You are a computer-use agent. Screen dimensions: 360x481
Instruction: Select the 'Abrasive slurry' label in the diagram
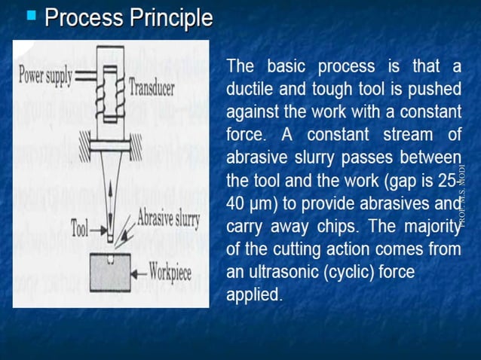167,219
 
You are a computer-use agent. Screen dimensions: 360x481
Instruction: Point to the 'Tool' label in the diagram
81,227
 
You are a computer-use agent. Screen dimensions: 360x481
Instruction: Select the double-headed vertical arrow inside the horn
111,204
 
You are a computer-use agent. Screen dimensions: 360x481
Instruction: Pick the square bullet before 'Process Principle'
31,14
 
